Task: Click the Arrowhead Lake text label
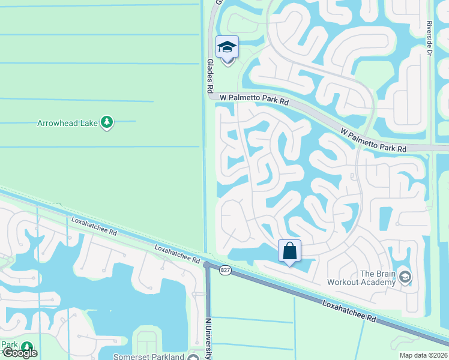[x=67, y=123]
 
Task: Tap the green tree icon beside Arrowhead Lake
[x=107, y=122]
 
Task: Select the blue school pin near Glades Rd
[x=227, y=47]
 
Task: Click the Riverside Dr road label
[x=429, y=38]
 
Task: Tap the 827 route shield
[x=225, y=271]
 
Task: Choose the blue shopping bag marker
[x=289, y=251]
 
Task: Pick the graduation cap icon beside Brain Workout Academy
[x=405, y=276]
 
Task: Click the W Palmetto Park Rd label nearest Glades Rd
[x=254, y=99]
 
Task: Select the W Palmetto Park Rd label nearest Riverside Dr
[x=373, y=139]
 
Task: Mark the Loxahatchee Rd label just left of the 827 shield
[x=177, y=254]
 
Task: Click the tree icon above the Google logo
[x=27, y=346]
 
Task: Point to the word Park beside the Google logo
[x=8, y=344]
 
